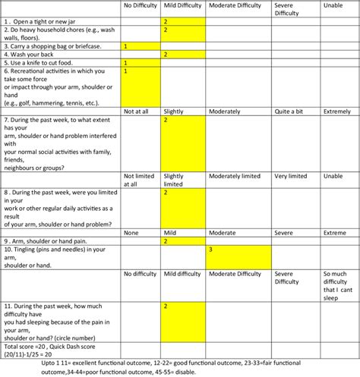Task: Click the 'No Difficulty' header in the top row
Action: tap(141, 6)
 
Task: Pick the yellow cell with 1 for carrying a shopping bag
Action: tap(141, 46)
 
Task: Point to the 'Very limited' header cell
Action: tap(291, 176)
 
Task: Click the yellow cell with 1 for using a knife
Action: tap(141, 63)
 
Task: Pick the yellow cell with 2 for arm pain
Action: tap(182, 240)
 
